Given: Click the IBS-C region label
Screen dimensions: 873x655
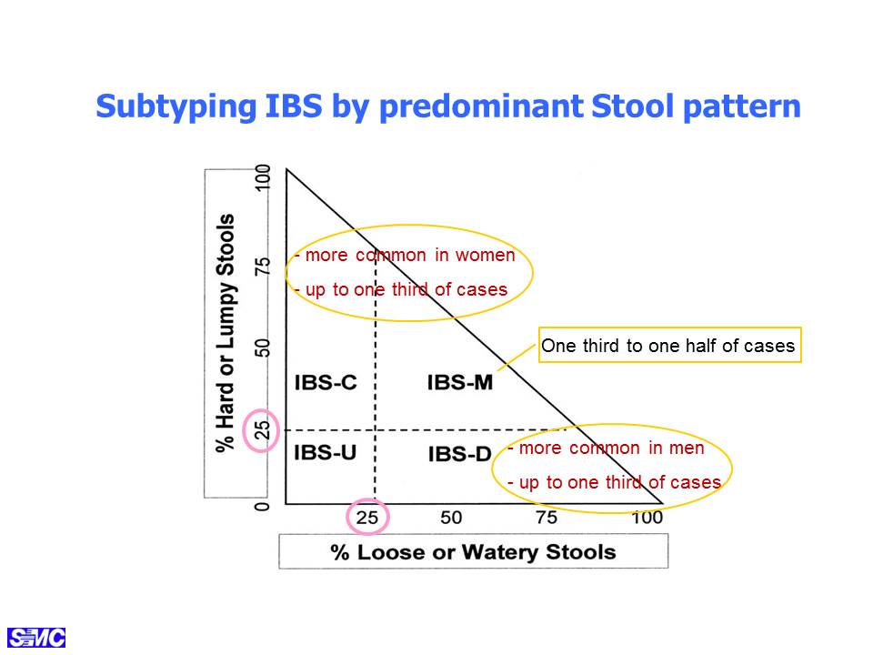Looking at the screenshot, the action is (x=326, y=383).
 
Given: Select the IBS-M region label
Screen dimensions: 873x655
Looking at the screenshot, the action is (x=460, y=383).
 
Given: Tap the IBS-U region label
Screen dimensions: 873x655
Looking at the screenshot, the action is (x=326, y=452).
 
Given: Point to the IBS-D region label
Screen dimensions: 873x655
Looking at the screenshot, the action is (x=459, y=454).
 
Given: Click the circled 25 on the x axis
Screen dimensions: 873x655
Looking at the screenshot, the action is (x=366, y=518).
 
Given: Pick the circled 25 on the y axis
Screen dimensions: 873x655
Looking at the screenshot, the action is (x=262, y=429).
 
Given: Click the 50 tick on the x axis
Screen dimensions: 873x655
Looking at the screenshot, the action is (x=451, y=518).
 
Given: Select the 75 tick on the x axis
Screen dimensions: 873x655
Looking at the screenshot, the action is (x=547, y=518).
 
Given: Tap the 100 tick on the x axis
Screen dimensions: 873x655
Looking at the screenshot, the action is (x=647, y=518).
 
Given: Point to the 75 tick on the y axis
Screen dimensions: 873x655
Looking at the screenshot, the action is (x=262, y=265).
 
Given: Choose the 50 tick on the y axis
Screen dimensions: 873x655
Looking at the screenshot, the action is (x=262, y=348).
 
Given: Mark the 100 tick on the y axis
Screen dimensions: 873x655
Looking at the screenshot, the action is (x=262, y=177).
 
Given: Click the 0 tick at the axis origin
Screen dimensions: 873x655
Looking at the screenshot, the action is (x=262, y=506).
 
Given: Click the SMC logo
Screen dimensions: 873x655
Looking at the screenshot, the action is (x=36, y=637).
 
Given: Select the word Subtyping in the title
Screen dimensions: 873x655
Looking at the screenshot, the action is (x=176, y=106).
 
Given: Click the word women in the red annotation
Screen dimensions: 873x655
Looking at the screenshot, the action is (x=485, y=255).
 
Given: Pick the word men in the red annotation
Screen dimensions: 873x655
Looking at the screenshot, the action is (x=686, y=448).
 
